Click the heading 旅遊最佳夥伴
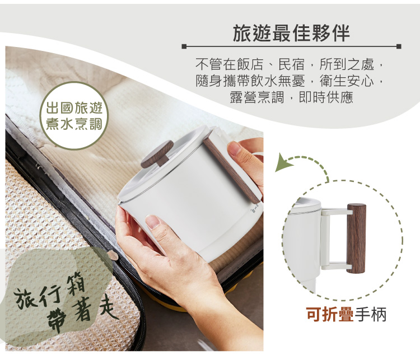tap(291, 33)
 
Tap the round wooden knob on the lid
tap(156, 155)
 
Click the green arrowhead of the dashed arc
tap(283, 165)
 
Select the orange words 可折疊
tap(330, 314)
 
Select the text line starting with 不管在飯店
tap(291, 64)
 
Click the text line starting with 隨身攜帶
tap(291, 81)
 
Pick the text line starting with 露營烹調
tap(291, 97)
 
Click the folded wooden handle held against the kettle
tap(231, 167)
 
